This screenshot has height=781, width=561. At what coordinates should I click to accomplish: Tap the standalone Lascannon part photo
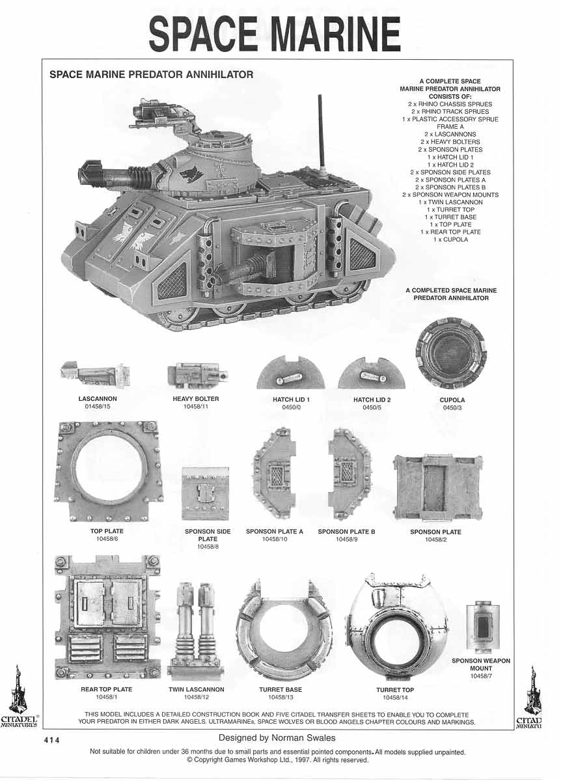96,374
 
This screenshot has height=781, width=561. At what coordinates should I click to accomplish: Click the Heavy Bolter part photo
197,375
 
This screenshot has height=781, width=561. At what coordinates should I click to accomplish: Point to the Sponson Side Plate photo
205,494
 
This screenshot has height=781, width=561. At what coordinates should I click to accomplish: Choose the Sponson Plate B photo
349,473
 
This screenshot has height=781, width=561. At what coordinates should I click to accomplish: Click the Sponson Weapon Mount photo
483,627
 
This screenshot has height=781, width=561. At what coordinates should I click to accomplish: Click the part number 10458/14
395,698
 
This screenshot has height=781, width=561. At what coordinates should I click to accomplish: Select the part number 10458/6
107,539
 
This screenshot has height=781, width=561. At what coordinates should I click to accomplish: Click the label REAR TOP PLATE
107,689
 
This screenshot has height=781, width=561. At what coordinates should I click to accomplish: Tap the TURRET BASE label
280,689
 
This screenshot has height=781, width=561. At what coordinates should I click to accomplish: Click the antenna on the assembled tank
320,130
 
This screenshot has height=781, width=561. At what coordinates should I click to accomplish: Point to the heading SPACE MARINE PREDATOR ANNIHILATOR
151,75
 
